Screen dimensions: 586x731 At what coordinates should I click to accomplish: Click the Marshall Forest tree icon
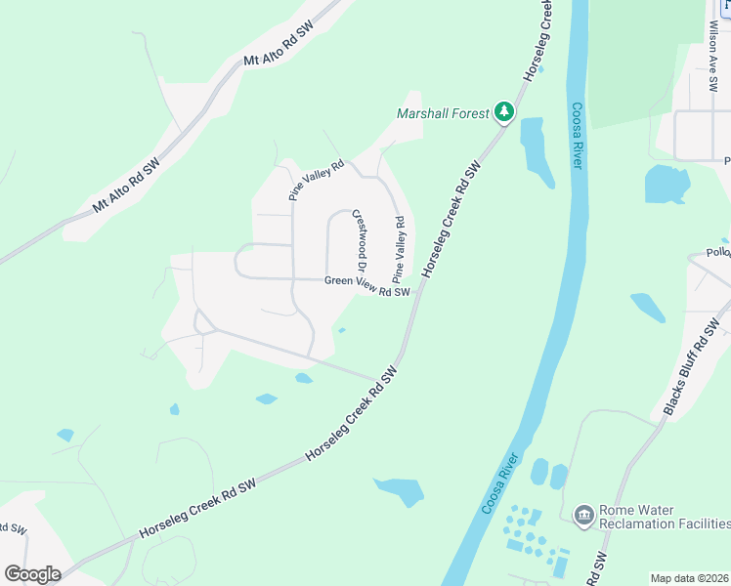pyautogui.click(x=504, y=112)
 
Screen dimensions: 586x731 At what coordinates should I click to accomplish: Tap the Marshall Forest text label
pyautogui.click(x=443, y=113)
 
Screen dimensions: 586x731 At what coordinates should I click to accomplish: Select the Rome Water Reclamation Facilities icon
pyautogui.click(x=584, y=515)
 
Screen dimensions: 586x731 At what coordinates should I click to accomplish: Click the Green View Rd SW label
pyautogui.click(x=367, y=285)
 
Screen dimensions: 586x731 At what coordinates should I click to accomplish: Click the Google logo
pyautogui.click(x=32, y=574)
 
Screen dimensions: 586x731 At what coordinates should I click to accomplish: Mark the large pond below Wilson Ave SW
pyautogui.click(x=666, y=184)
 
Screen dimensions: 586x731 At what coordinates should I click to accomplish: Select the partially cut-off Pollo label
pyautogui.click(x=718, y=252)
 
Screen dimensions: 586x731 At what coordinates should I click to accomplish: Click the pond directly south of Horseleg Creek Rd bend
pyautogui.click(x=399, y=491)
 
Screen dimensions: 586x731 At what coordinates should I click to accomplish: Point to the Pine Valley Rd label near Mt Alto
pyautogui.click(x=317, y=181)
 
